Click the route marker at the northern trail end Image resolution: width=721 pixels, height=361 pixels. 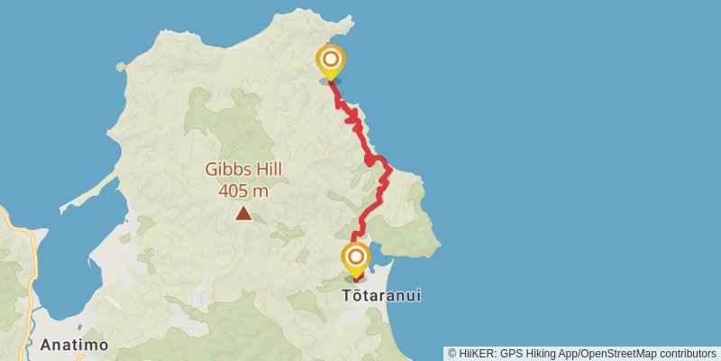331,61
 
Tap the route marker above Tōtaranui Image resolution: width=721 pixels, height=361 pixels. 356,258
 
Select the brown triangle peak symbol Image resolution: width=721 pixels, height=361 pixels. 243,213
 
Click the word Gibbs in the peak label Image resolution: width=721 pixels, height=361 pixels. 225,169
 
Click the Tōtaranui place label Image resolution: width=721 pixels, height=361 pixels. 382,295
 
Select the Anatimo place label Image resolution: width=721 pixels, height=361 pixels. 75,345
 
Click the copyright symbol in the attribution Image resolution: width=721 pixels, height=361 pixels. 452,354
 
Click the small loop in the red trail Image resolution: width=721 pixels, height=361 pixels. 370,161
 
